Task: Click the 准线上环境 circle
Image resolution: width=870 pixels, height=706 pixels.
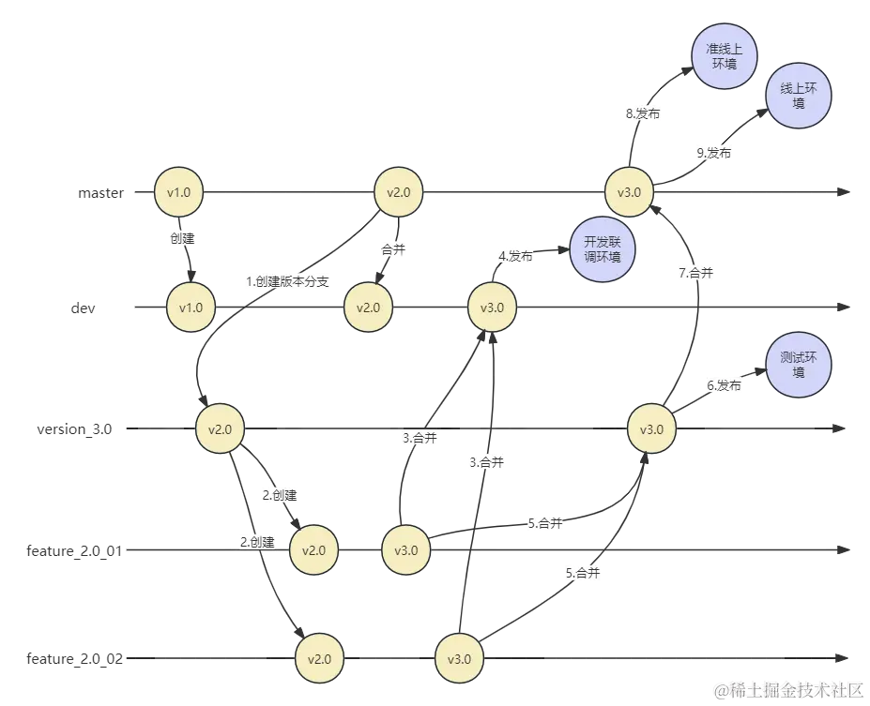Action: click(724, 57)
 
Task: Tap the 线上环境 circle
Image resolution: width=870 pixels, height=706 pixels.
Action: click(799, 96)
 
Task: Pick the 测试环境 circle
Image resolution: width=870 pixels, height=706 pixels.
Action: click(799, 365)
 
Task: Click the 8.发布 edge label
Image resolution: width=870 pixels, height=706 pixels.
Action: click(643, 114)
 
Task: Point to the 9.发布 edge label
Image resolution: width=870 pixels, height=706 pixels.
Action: click(714, 153)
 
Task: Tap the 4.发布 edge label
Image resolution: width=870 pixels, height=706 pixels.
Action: click(516, 255)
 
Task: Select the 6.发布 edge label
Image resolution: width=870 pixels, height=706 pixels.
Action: click(724, 385)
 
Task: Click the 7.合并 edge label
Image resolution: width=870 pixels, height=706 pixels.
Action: click(696, 274)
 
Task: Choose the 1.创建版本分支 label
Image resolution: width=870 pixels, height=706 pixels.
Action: click(287, 281)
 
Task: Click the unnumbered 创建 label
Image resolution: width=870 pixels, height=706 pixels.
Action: click(181, 238)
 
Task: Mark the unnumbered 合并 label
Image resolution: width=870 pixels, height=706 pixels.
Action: click(393, 251)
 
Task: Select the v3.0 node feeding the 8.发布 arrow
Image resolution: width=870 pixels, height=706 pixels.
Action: click(630, 193)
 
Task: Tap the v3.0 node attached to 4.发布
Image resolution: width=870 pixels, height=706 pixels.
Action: click(493, 308)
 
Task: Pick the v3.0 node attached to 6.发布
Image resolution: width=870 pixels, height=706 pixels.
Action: click(651, 429)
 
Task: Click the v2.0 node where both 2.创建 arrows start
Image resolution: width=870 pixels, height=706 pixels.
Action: click(221, 429)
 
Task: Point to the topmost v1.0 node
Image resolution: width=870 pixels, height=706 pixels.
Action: click(178, 193)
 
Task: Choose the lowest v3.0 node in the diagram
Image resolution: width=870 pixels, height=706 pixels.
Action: click(459, 658)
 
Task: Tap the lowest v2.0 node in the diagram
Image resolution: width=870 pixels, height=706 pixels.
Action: click(319, 658)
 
